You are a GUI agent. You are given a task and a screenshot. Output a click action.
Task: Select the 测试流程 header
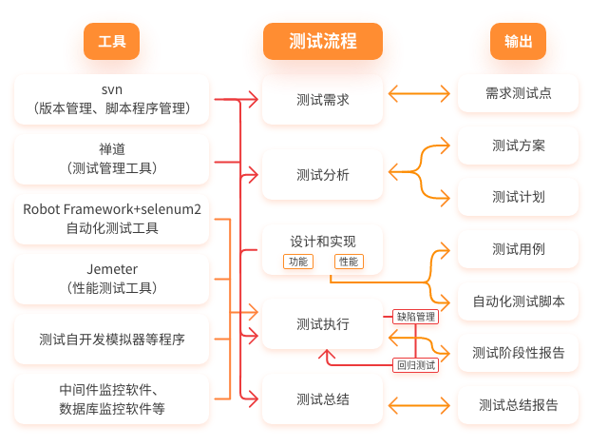coord(323,41)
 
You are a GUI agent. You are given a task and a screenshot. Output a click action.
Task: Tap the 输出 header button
coord(518,42)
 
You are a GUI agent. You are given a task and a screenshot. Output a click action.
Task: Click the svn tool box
coord(111,99)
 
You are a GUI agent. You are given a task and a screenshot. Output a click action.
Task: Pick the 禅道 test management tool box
coord(111,158)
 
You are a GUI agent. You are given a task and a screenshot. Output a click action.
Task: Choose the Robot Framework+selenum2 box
coord(111,218)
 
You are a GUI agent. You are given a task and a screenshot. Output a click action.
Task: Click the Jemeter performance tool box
coord(111,278)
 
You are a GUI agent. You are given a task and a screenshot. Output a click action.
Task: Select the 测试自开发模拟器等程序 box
coord(111,339)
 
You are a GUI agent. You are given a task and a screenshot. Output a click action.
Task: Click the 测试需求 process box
coord(323,98)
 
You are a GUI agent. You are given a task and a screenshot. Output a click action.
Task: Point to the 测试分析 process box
coord(323,175)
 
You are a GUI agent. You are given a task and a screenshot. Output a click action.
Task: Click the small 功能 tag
coord(297,262)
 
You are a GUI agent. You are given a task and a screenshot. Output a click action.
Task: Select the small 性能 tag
coord(348,262)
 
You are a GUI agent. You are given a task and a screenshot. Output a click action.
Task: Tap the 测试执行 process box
coord(323,324)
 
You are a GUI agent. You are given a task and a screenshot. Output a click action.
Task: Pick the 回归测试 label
coord(415,365)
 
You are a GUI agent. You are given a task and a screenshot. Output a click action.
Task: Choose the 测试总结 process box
coord(323,399)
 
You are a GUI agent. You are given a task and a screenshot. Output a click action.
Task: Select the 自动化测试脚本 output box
coord(518,301)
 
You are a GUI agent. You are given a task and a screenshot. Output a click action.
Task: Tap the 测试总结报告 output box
coord(518,405)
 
